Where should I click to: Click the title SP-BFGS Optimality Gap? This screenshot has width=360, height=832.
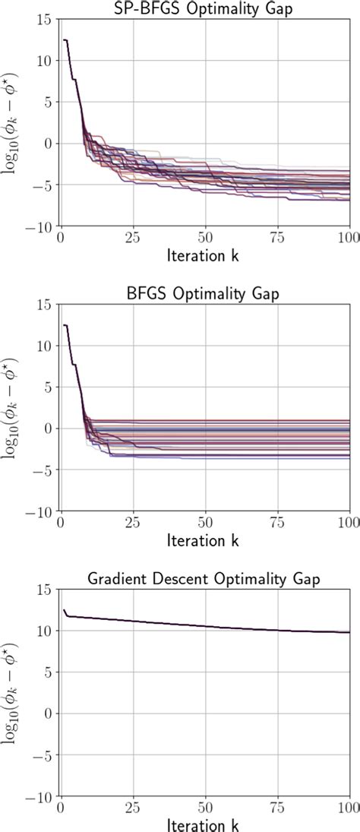[x=205, y=8]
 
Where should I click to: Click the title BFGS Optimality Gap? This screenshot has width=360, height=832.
[x=205, y=293]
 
